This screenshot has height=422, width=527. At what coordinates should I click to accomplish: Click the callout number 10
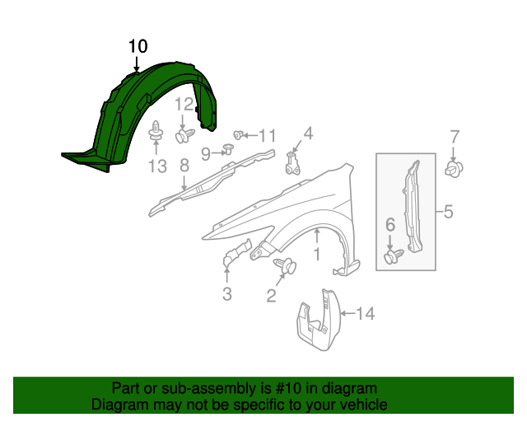pyautogui.click(x=138, y=46)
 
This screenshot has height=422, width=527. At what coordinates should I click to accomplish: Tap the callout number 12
pyautogui.click(x=184, y=104)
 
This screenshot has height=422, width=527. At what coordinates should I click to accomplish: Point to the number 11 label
pyautogui.click(x=268, y=135)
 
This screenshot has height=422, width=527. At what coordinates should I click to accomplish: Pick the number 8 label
pyautogui.click(x=184, y=166)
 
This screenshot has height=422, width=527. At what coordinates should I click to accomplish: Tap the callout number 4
pyautogui.click(x=308, y=133)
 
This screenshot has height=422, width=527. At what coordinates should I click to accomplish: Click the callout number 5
pyautogui.click(x=448, y=212)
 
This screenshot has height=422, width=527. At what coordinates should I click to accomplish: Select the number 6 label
pyautogui.click(x=390, y=223)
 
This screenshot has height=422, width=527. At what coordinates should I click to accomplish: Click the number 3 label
pyautogui.click(x=226, y=294)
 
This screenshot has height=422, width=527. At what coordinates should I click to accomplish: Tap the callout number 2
pyautogui.click(x=271, y=295)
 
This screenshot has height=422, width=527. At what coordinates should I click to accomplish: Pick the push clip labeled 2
pyautogui.click(x=287, y=266)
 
